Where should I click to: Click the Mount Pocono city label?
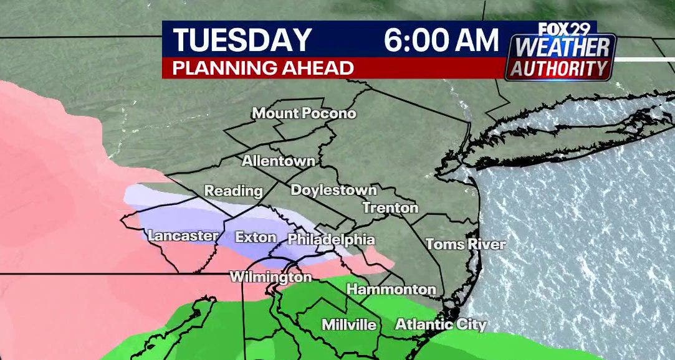pyautogui.click(x=304, y=113)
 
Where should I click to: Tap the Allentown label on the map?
pyautogui.click(x=278, y=161)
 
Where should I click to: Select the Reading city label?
pyautogui.click(x=234, y=191)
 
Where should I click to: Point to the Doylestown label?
pyautogui.click(x=333, y=190)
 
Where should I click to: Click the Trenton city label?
pyautogui.click(x=390, y=207)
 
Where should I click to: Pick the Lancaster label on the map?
pyautogui.click(x=183, y=236)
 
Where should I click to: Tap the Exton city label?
pyautogui.click(x=256, y=237)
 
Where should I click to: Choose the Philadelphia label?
pyautogui.click(x=331, y=239)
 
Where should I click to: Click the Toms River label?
pyautogui.click(x=465, y=244)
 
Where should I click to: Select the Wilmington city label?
pyautogui.click(x=270, y=277)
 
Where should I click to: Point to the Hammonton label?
pyautogui.click(x=391, y=289)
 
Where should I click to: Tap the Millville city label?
pyautogui.click(x=349, y=324)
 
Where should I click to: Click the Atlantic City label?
pyautogui.click(x=441, y=324)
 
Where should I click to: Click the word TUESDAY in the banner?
pyautogui.click(x=242, y=40)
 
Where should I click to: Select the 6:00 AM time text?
pyautogui.click(x=441, y=40)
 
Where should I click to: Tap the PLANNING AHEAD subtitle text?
pyautogui.click(x=263, y=68)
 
